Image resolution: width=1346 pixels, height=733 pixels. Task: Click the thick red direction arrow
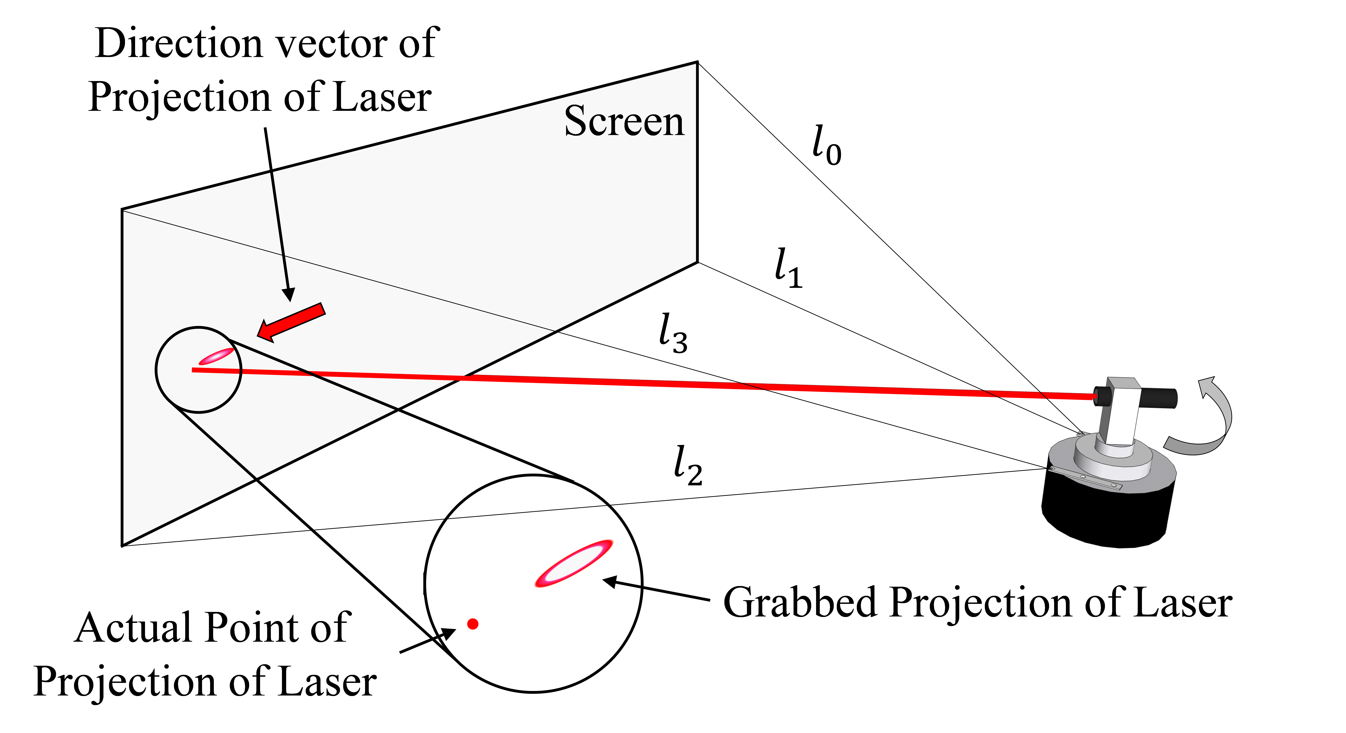click(x=291, y=322)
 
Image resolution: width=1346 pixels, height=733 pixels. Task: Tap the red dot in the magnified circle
click(x=473, y=624)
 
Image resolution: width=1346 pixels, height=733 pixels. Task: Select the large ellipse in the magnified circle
click(x=573, y=563)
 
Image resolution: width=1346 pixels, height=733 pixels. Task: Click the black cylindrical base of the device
click(x=1108, y=509)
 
